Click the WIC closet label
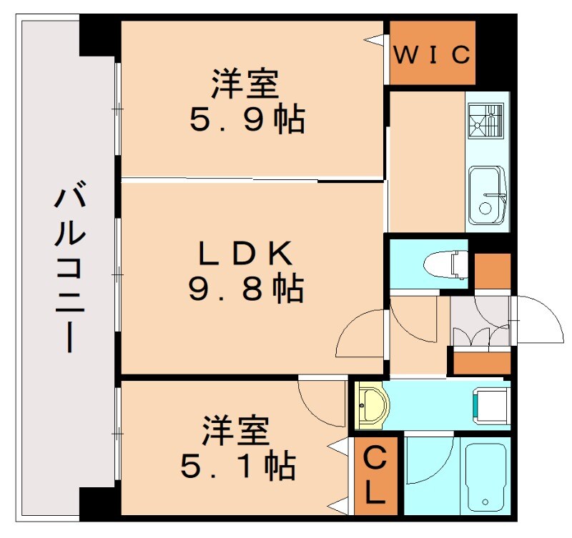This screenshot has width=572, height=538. click(433, 54)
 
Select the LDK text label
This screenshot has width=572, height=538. click(245, 252)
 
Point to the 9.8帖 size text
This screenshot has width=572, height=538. click(245, 289)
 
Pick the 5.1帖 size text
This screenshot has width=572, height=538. click(238, 467)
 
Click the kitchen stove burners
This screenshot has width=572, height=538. click(486, 120)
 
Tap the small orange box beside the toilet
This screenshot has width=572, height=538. click(492, 270)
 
